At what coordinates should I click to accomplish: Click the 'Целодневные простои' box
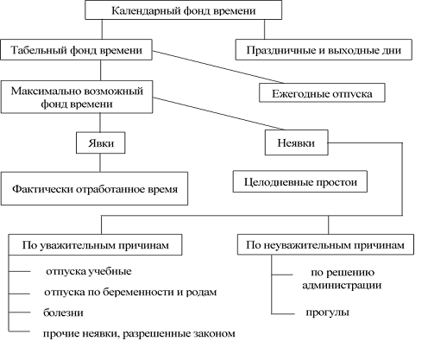300,184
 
